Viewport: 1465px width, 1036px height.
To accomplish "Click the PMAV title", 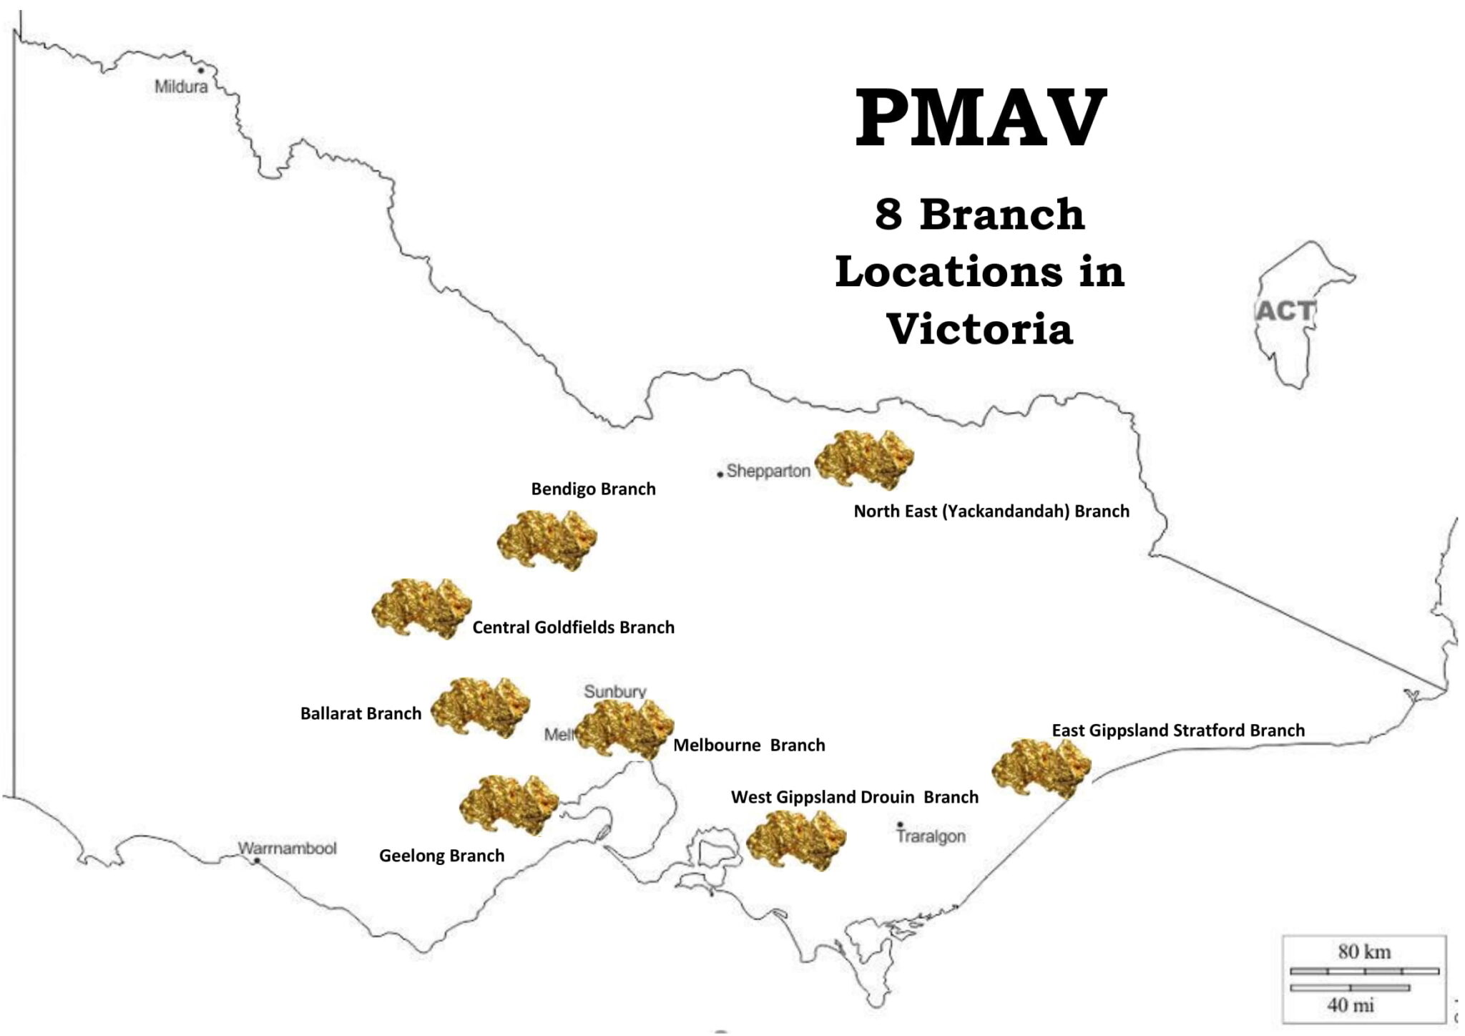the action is pyautogui.click(x=981, y=119).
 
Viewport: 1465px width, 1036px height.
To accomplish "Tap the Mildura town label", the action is pyautogui.click(x=181, y=87).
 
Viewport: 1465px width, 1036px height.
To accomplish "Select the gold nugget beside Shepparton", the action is pyautogui.click(x=864, y=459).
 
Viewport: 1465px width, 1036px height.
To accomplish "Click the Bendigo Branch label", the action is pyautogui.click(x=593, y=489).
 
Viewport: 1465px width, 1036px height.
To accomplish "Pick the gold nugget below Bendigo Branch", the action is pyautogui.click(x=547, y=540).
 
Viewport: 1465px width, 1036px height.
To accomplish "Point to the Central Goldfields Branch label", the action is pyautogui.click(x=573, y=627).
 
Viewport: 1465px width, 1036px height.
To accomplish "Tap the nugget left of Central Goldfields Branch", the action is pyautogui.click(x=422, y=608).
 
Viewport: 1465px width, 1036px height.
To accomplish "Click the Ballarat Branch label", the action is pyautogui.click(x=361, y=713).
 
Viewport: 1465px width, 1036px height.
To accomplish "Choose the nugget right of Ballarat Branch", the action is pyautogui.click(x=480, y=707).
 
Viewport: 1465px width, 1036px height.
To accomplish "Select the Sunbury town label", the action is pyautogui.click(x=614, y=691).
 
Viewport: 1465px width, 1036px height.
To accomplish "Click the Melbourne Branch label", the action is pyautogui.click(x=749, y=746).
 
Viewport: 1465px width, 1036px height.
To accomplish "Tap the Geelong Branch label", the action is pyautogui.click(x=441, y=856).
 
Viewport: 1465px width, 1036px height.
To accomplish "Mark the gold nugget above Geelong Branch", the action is pyautogui.click(x=509, y=805).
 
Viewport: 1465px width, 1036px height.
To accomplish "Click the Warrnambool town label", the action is pyautogui.click(x=287, y=849).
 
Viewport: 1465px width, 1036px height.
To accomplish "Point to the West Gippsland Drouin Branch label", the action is pyautogui.click(x=854, y=797).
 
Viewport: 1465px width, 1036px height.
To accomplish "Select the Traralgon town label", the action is pyautogui.click(x=931, y=836).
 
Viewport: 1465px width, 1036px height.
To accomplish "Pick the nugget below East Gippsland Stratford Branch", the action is pyautogui.click(x=1042, y=768).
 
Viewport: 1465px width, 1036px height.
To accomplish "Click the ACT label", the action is pyautogui.click(x=1285, y=311).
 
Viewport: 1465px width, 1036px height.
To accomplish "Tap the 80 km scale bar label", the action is pyautogui.click(x=1364, y=952).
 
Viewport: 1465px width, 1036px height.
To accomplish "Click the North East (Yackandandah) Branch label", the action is pyautogui.click(x=991, y=512).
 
